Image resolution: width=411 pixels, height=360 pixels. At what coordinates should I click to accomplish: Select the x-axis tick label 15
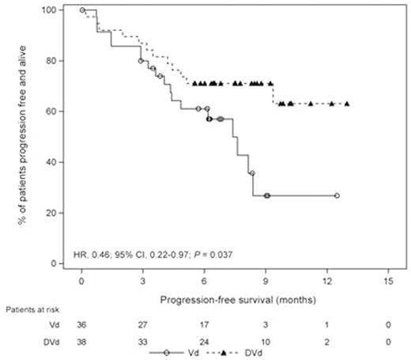pos(388,282)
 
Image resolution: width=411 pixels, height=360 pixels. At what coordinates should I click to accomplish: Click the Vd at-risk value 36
pos(82,326)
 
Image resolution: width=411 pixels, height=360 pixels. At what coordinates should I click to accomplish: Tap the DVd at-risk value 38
pos(82,343)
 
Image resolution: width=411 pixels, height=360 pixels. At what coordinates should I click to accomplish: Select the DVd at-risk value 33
pos(143,343)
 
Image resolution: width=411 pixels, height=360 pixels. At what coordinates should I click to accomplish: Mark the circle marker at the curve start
pos(82,10)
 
